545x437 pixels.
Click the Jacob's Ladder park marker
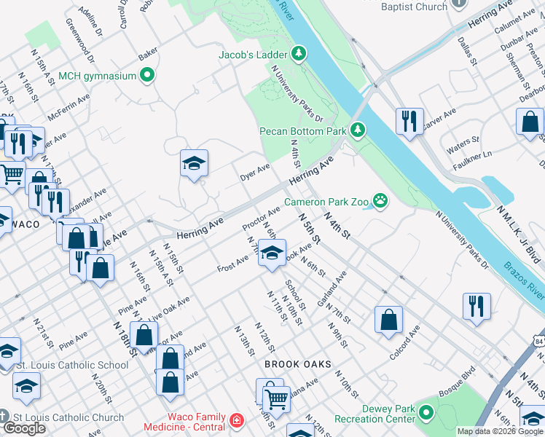(298, 53)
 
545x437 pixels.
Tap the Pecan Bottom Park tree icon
(357, 131)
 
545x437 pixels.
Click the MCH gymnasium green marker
(147, 75)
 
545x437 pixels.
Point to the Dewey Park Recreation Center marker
(426, 413)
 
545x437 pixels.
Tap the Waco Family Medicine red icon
(236, 421)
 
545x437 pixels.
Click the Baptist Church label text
(414, 7)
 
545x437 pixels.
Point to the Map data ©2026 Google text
(500, 431)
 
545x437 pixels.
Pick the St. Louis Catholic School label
(72, 365)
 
